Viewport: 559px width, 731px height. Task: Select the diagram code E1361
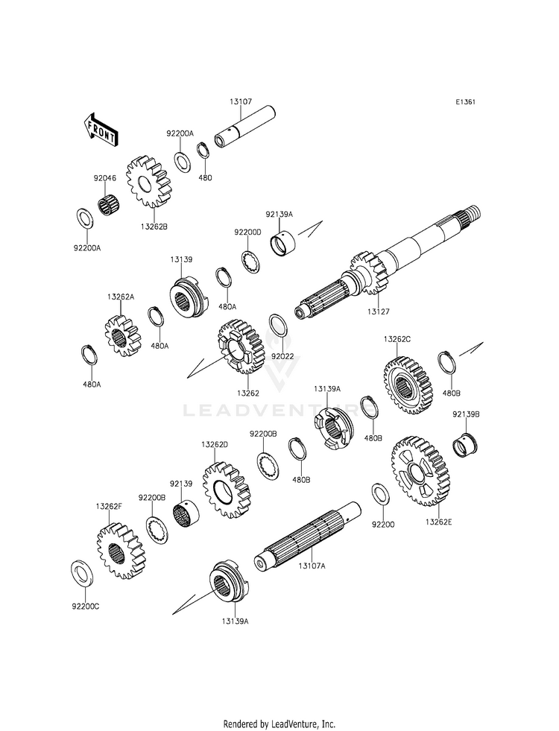point(465,101)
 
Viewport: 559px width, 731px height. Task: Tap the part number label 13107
point(241,101)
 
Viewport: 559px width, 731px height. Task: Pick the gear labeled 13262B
point(148,181)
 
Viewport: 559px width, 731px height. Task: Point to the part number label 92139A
point(279,215)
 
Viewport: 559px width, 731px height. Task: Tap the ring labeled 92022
point(279,326)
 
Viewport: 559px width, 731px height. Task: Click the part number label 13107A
point(312,566)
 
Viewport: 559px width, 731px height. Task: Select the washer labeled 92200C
point(81,574)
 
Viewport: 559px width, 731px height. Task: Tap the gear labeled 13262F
point(121,551)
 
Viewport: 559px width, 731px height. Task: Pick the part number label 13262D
point(215,444)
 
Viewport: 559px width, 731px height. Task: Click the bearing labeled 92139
point(186,513)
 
